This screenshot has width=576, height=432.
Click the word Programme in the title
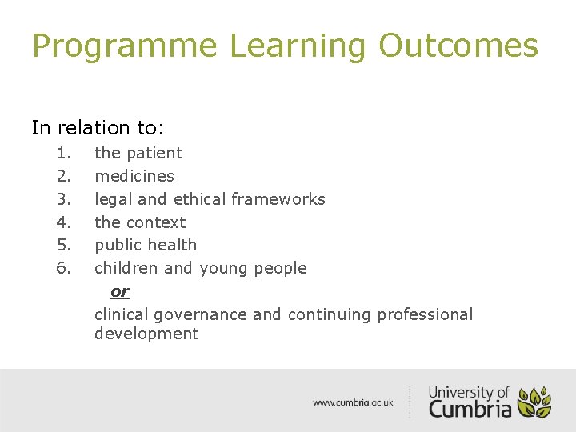[x=124, y=46]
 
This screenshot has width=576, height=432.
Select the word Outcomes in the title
[x=458, y=46]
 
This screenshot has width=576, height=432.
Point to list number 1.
[x=64, y=153]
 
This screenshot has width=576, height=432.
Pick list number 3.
[x=64, y=199]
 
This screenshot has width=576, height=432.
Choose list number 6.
[x=64, y=268]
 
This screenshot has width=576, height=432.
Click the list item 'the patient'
[x=138, y=153]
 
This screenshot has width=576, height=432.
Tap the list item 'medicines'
[x=134, y=176]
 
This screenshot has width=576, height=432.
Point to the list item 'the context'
[x=140, y=222]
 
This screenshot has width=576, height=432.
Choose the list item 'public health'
[x=146, y=245]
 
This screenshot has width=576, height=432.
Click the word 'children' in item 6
[x=126, y=268]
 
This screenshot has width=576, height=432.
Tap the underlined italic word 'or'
[x=119, y=292]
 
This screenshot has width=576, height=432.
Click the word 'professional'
[x=425, y=314]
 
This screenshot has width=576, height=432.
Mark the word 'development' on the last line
[x=146, y=334]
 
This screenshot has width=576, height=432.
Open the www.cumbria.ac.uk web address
[x=353, y=402]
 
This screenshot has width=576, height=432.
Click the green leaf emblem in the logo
[x=534, y=402]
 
